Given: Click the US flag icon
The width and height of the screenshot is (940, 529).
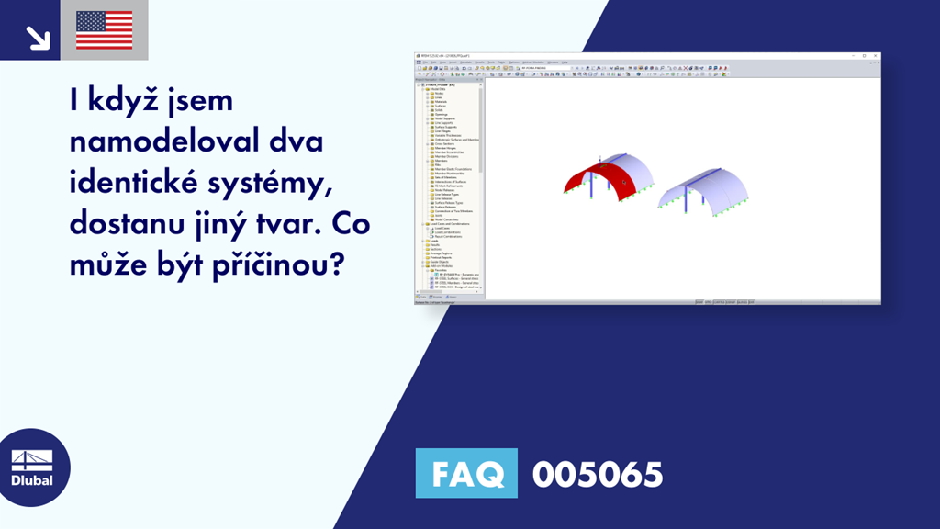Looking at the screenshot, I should click(104, 30).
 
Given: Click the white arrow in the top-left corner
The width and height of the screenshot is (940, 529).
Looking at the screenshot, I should click(38, 37).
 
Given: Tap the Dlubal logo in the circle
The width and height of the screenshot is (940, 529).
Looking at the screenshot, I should click(35, 468).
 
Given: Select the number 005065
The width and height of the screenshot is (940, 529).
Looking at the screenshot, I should click(597, 474).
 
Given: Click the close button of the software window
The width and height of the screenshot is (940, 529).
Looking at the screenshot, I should click(877, 57).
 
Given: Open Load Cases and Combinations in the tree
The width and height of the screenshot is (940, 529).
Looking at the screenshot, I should click(450, 224).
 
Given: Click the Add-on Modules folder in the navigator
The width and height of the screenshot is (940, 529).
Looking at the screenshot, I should click(442, 264).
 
